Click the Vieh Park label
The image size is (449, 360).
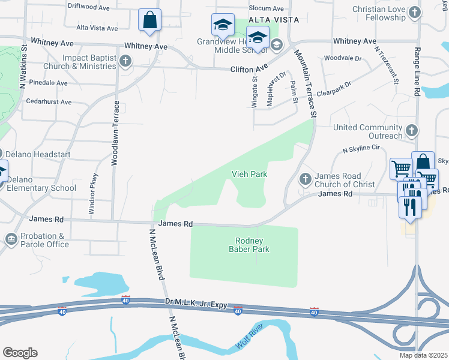point(249,174)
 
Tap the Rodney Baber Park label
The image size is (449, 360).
point(249,245)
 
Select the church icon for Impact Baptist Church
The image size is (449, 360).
point(125,61)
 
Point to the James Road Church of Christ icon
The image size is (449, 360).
point(306,178)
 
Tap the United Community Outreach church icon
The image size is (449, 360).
point(412,130)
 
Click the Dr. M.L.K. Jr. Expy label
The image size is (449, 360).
point(196,304)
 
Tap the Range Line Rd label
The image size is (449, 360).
point(416,73)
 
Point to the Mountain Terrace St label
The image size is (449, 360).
point(305,83)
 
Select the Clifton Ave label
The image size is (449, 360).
point(249,70)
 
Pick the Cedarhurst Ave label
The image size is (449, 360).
point(49,102)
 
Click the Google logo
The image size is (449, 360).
point(20,353)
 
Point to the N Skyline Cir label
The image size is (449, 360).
point(362,148)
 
